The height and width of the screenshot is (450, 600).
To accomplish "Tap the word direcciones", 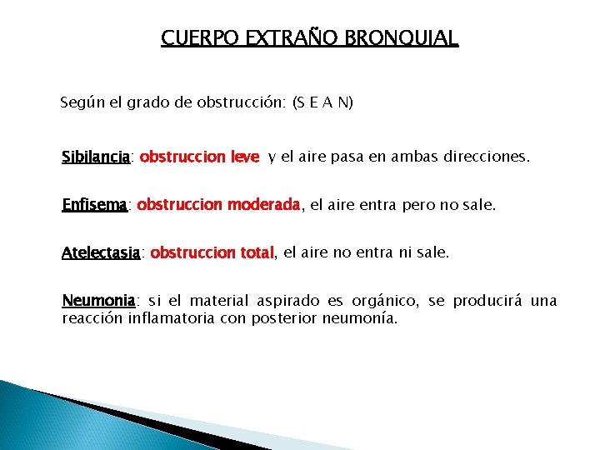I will [x=484, y=157].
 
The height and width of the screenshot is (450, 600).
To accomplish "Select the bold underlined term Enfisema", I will [x=94, y=204].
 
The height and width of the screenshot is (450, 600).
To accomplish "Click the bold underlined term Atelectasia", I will [x=101, y=252].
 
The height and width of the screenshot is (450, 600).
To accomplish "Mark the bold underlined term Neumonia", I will [x=98, y=300].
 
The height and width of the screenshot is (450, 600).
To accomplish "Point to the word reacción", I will [x=92, y=317].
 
